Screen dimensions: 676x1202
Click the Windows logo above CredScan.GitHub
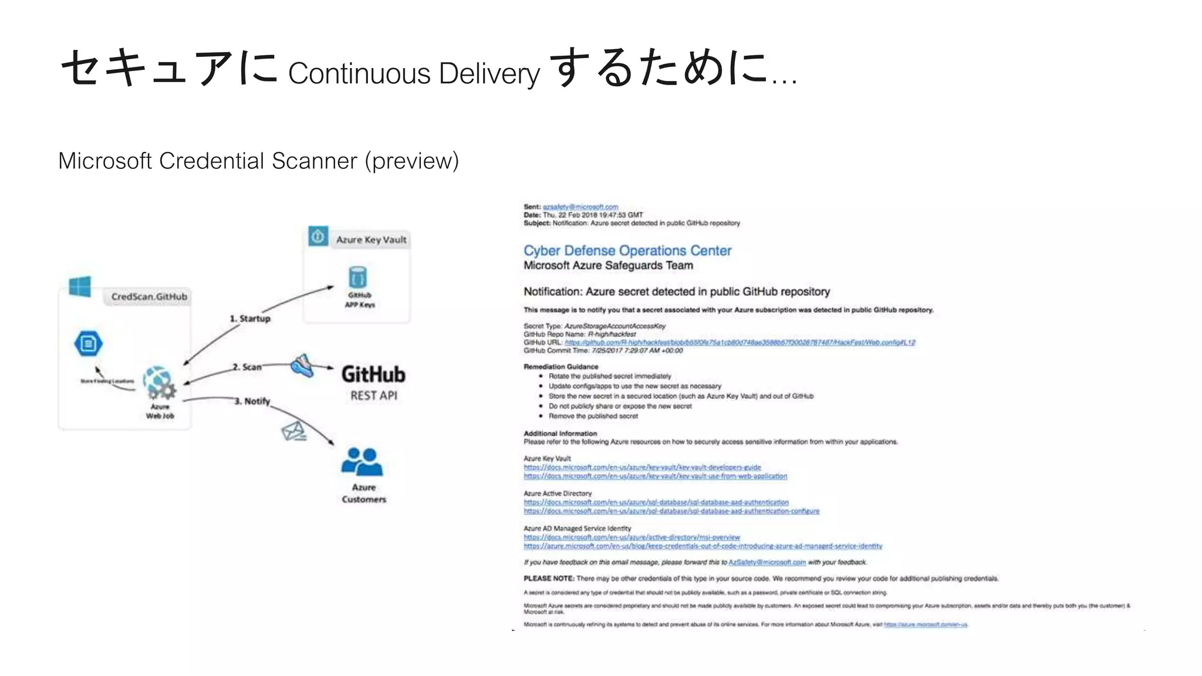pos(80,287)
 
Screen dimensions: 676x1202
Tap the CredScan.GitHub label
pos(149,297)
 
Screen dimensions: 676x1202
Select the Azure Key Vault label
pos(371,239)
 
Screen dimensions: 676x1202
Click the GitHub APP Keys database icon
pos(357,277)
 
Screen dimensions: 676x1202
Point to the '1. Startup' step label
pos(250,319)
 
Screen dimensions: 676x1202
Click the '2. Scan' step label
pos(247,367)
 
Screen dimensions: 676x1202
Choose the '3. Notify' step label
pos(252,401)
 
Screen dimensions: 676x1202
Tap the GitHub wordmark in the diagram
pos(373,374)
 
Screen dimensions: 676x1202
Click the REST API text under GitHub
pos(374,396)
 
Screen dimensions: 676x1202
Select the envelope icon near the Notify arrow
pos(293,431)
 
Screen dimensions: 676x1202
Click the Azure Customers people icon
pos(362,462)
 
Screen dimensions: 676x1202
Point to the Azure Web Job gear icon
pos(159,383)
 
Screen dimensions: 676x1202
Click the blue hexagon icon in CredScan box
pos(89,343)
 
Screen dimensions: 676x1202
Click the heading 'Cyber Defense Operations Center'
pos(627,251)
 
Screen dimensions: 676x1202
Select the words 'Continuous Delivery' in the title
pos(414,73)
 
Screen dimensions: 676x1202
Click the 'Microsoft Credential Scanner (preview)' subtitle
pos(258,161)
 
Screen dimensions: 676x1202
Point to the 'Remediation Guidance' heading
pos(561,367)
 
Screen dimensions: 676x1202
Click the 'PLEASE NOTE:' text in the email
pos(549,579)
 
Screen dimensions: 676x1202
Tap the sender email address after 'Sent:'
pos(580,207)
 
